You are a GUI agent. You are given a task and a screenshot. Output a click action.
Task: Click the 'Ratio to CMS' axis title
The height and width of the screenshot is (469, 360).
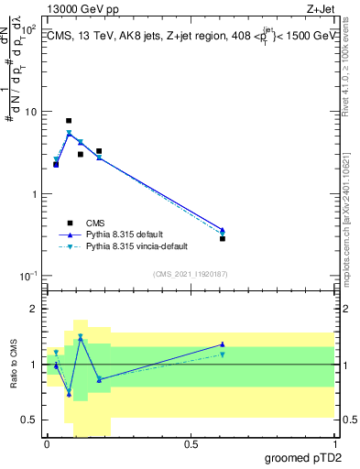13,365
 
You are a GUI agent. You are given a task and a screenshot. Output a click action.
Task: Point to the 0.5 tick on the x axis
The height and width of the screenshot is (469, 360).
191,443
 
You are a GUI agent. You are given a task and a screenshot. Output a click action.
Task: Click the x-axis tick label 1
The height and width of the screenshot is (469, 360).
334,443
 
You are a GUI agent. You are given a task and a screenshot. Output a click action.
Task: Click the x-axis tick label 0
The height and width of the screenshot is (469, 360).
47,443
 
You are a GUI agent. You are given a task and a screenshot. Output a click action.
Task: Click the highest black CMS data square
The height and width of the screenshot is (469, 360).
69,121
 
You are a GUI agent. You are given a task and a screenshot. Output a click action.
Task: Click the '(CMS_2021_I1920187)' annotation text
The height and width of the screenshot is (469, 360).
191,273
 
